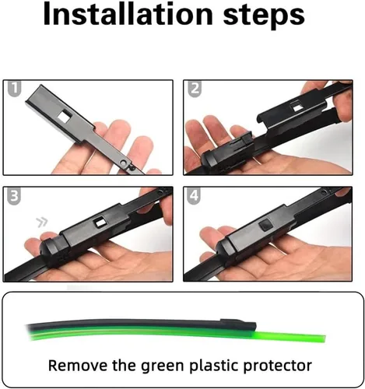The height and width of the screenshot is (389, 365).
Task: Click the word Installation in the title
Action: [128, 15]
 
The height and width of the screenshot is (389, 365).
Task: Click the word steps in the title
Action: [264, 17]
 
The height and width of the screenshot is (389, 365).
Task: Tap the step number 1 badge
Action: [14, 89]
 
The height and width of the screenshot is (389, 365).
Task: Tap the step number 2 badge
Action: [195, 89]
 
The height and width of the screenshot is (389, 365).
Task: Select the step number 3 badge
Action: [14, 196]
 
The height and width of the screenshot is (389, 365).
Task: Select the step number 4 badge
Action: [195, 195]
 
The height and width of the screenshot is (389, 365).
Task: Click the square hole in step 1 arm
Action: [65, 116]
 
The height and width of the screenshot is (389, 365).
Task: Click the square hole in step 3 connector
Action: [100, 222]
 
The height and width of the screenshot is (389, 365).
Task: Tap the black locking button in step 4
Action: [265, 225]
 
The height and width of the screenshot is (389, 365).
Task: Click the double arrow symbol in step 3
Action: [42, 223]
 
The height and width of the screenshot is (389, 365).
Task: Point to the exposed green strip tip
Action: [324, 339]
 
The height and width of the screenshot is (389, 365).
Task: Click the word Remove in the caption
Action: [77, 366]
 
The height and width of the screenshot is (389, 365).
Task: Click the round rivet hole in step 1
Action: [124, 163]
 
